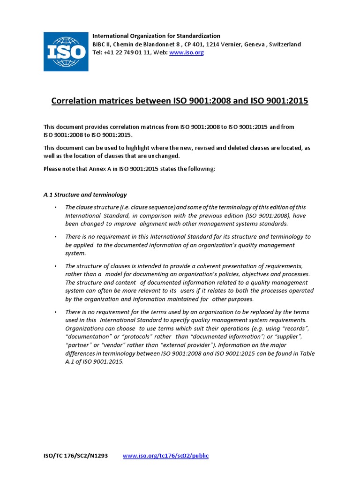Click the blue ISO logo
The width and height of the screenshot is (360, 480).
(66, 52)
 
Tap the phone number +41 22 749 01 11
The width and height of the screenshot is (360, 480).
(125, 52)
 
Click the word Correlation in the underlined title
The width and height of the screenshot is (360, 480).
(74, 101)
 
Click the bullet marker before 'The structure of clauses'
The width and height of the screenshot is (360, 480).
(55, 266)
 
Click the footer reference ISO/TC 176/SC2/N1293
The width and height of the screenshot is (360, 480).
(76, 456)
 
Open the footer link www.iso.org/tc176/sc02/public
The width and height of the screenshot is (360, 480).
(165, 456)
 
